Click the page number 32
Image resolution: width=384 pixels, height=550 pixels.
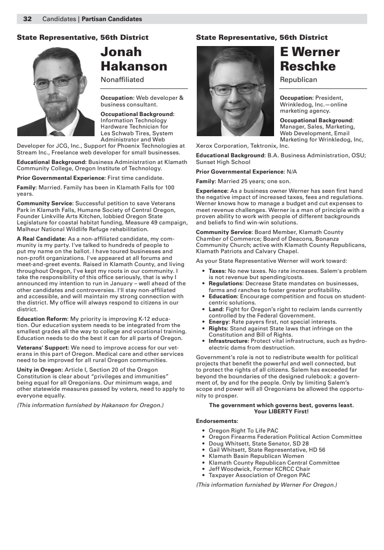pos(27,19)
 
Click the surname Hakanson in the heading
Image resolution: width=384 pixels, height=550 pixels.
pos(134,66)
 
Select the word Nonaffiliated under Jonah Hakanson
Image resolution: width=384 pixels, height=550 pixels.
pos(122,80)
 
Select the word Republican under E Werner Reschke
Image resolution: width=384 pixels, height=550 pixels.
pos(298,80)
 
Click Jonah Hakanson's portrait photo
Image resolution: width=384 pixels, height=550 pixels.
pos(56,91)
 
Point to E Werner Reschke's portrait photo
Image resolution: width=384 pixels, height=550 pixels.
pos(235,91)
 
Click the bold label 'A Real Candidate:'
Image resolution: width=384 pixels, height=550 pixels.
pos(41,239)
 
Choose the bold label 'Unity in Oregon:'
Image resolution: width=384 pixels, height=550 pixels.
pos(39,370)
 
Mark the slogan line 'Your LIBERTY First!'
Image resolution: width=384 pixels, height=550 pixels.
pos(281,411)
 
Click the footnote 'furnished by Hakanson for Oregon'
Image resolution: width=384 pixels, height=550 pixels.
pos(90,405)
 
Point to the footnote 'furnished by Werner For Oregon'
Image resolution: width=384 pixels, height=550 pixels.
pos(266,485)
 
